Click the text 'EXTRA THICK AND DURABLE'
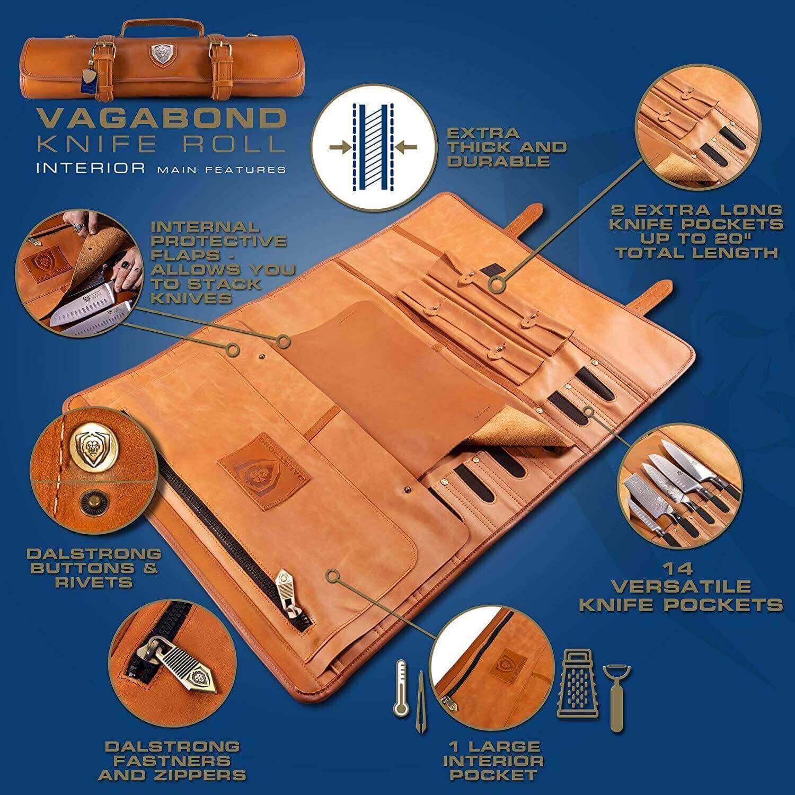pos(506,147)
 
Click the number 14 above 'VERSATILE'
pos(681,569)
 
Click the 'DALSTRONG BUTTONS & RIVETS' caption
pos(93,568)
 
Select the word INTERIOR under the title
pos(91,169)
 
